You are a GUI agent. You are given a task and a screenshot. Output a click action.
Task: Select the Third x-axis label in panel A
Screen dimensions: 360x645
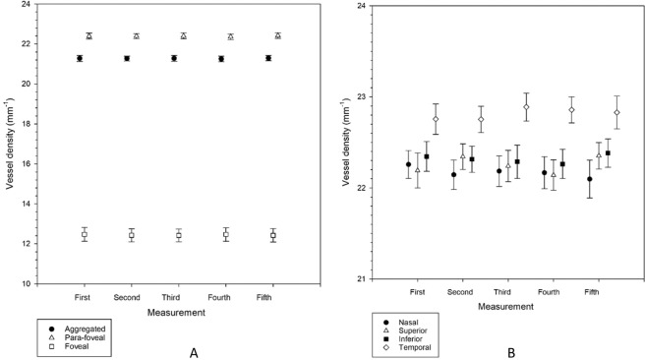(178, 295)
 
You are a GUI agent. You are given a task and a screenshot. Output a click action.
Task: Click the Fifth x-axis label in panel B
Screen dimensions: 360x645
(593, 293)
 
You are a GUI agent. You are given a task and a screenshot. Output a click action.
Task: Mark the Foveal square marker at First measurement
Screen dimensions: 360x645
(84, 235)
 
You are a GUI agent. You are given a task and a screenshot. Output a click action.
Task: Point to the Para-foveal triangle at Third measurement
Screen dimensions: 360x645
(183, 36)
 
